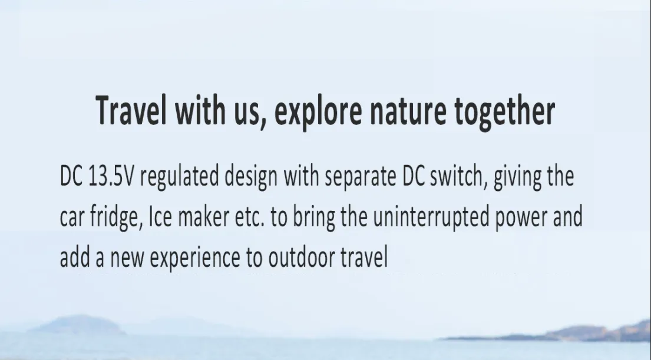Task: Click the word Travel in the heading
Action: coord(131,110)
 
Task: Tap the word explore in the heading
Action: coord(318,113)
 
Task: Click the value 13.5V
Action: coord(111,176)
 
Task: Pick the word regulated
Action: coord(179,177)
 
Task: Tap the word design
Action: coord(251,177)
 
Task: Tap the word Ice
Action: coord(160,217)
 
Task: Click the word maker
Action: coord(203,216)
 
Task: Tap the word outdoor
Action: coord(302,257)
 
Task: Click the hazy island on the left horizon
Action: coord(79,324)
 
